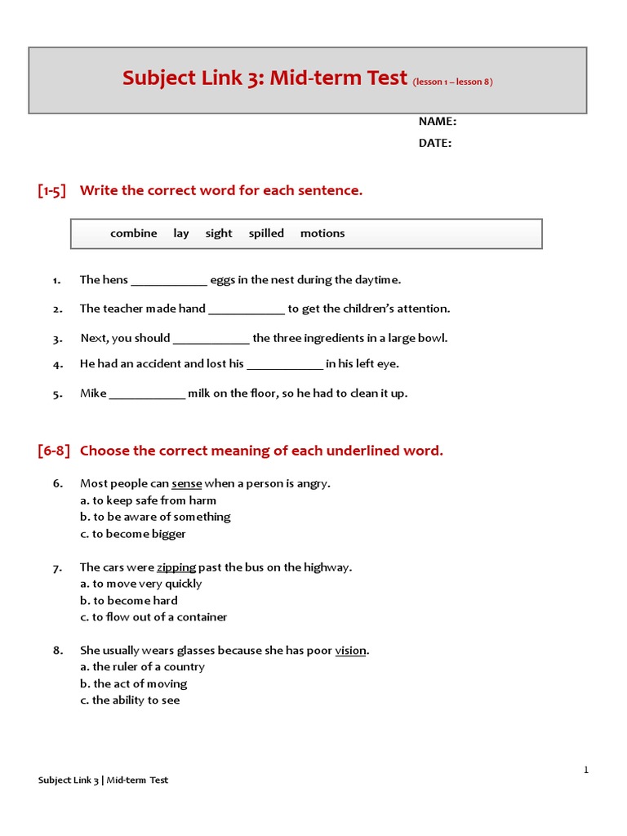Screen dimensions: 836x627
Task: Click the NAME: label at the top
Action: coord(437,122)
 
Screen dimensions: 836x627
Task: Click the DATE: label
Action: coord(434,143)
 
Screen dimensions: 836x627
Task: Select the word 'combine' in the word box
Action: coord(133,233)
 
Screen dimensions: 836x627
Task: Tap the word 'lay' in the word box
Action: coord(180,233)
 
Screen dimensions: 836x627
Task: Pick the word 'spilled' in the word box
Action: coord(266,233)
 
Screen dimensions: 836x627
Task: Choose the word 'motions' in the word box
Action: coord(322,233)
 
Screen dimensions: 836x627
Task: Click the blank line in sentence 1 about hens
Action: coord(169,281)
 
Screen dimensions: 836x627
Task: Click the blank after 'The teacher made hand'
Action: coord(247,309)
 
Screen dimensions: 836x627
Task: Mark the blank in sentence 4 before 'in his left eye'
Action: coord(285,365)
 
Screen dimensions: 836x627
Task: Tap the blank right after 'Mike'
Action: coord(147,394)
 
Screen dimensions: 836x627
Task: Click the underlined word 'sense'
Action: coord(186,483)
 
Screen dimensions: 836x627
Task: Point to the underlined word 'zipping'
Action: coord(176,567)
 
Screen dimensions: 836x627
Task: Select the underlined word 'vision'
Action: coord(351,651)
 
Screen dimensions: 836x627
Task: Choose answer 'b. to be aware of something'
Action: coord(155,517)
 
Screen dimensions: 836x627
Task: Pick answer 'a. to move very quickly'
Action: coord(140,584)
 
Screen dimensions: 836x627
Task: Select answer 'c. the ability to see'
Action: coord(130,700)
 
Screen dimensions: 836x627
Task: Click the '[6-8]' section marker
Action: coord(54,451)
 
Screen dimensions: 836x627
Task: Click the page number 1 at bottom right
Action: coord(585,770)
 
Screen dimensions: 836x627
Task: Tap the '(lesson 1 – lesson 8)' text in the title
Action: coord(452,82)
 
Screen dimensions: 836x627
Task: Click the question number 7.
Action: coord(58,567)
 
